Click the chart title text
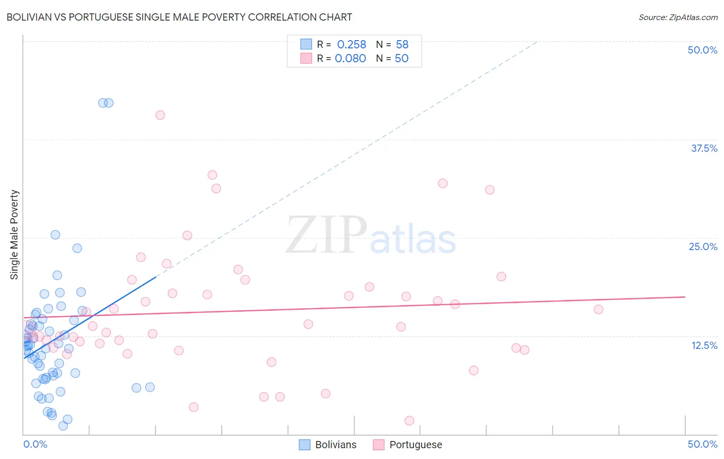[179, 17]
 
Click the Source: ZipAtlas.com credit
[678, 17]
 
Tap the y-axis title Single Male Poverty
[14, 235]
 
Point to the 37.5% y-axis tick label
[703, 148]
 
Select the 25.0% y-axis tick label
[703, 246]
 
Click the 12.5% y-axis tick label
[704, 345]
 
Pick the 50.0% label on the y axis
[702, 50]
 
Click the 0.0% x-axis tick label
[35, 444]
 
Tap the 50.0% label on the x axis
[702, 444]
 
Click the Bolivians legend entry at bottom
[328, 445]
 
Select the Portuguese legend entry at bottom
[408, 445]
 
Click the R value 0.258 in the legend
[351, 45]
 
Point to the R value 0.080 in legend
[350, 59]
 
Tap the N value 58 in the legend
[402, 45]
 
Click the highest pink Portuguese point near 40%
[160, 115]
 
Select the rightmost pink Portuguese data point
[598, 309]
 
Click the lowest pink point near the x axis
[409, 420]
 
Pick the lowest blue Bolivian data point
[63, 426]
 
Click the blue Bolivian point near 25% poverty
[55, 235]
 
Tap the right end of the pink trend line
[685, 297]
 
